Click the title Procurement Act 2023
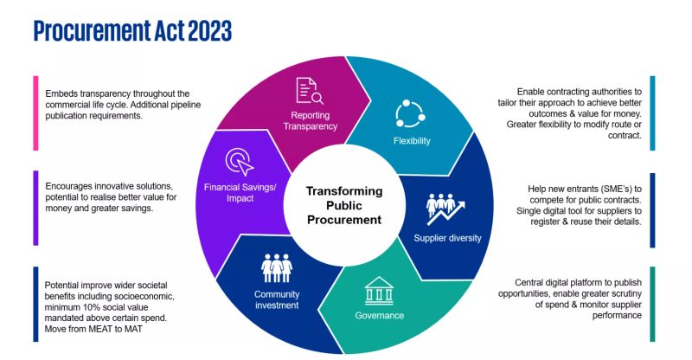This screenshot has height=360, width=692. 132,30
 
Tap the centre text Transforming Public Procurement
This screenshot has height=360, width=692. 344,205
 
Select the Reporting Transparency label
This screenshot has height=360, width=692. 311,120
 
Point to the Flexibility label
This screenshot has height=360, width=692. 412,141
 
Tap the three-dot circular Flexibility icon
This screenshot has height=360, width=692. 410,113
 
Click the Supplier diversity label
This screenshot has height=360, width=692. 447,238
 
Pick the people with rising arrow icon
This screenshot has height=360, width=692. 445,209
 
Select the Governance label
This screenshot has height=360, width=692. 380,315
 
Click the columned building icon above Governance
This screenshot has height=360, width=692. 379,291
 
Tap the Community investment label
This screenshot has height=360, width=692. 277,299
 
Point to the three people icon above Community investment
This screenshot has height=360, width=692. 277,268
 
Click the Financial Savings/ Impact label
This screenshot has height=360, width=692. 240,193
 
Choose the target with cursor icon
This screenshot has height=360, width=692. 240,162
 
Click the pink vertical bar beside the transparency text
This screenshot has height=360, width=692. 35,113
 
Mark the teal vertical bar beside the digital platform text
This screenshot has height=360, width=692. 652,304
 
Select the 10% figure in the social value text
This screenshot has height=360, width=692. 84,307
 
